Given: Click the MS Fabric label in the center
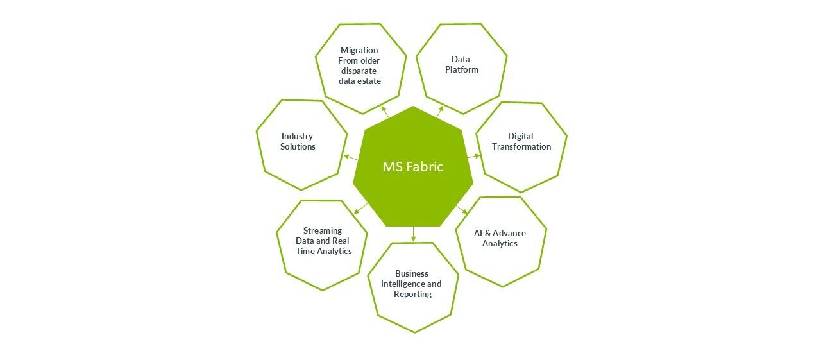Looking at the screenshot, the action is point(412,167).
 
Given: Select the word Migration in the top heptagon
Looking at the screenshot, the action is point(359,51).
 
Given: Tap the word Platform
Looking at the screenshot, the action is point(461,70).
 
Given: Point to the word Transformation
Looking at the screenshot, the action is point(521,147).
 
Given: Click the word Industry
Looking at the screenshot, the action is point(297,137).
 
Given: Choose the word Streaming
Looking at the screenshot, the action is point(323,231).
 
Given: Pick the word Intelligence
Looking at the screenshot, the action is point(403,284).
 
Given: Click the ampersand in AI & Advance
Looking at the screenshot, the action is point(488,233).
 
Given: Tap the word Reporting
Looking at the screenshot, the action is point(412,295).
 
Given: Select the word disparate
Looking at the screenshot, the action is point(359,71).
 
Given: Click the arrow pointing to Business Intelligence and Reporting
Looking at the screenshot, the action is point(414,234).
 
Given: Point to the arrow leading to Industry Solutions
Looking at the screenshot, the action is point(351,158).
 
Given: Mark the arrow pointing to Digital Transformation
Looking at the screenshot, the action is point(473,156).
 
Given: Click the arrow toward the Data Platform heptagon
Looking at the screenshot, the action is point(440,112).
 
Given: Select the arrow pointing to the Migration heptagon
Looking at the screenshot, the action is point(385,112).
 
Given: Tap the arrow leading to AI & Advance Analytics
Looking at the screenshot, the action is point(461,209).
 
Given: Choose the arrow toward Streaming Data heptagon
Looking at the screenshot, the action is point(361,208).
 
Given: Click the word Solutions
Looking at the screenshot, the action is point(298,147).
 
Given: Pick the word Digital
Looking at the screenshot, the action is point(520,137).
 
